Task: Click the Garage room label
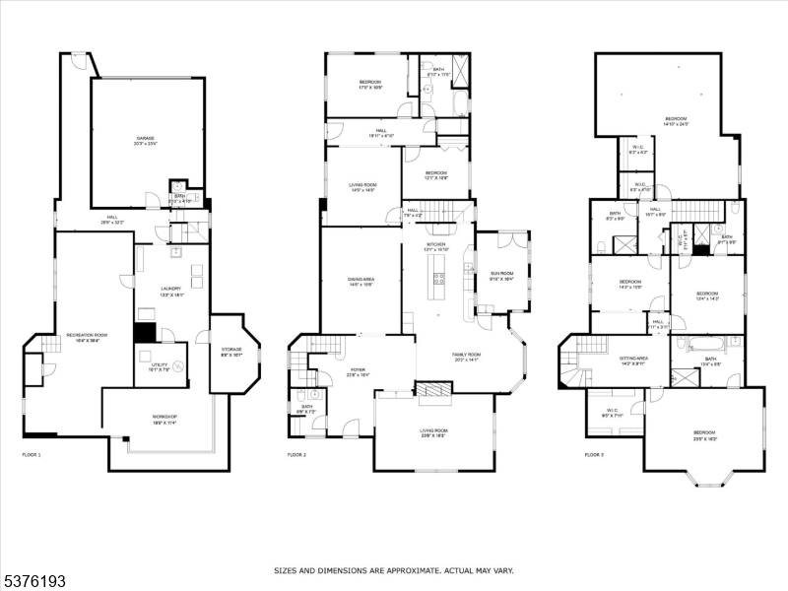tap(146, 141)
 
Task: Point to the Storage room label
tap(231, 351)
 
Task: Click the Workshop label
tap(164, 419)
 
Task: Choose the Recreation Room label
tap(87, 338)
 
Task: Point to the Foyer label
tap(357, 373)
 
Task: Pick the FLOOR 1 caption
tap(32, 455)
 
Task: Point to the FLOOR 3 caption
tap(594, 455)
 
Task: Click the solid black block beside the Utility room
tap(144, 333)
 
